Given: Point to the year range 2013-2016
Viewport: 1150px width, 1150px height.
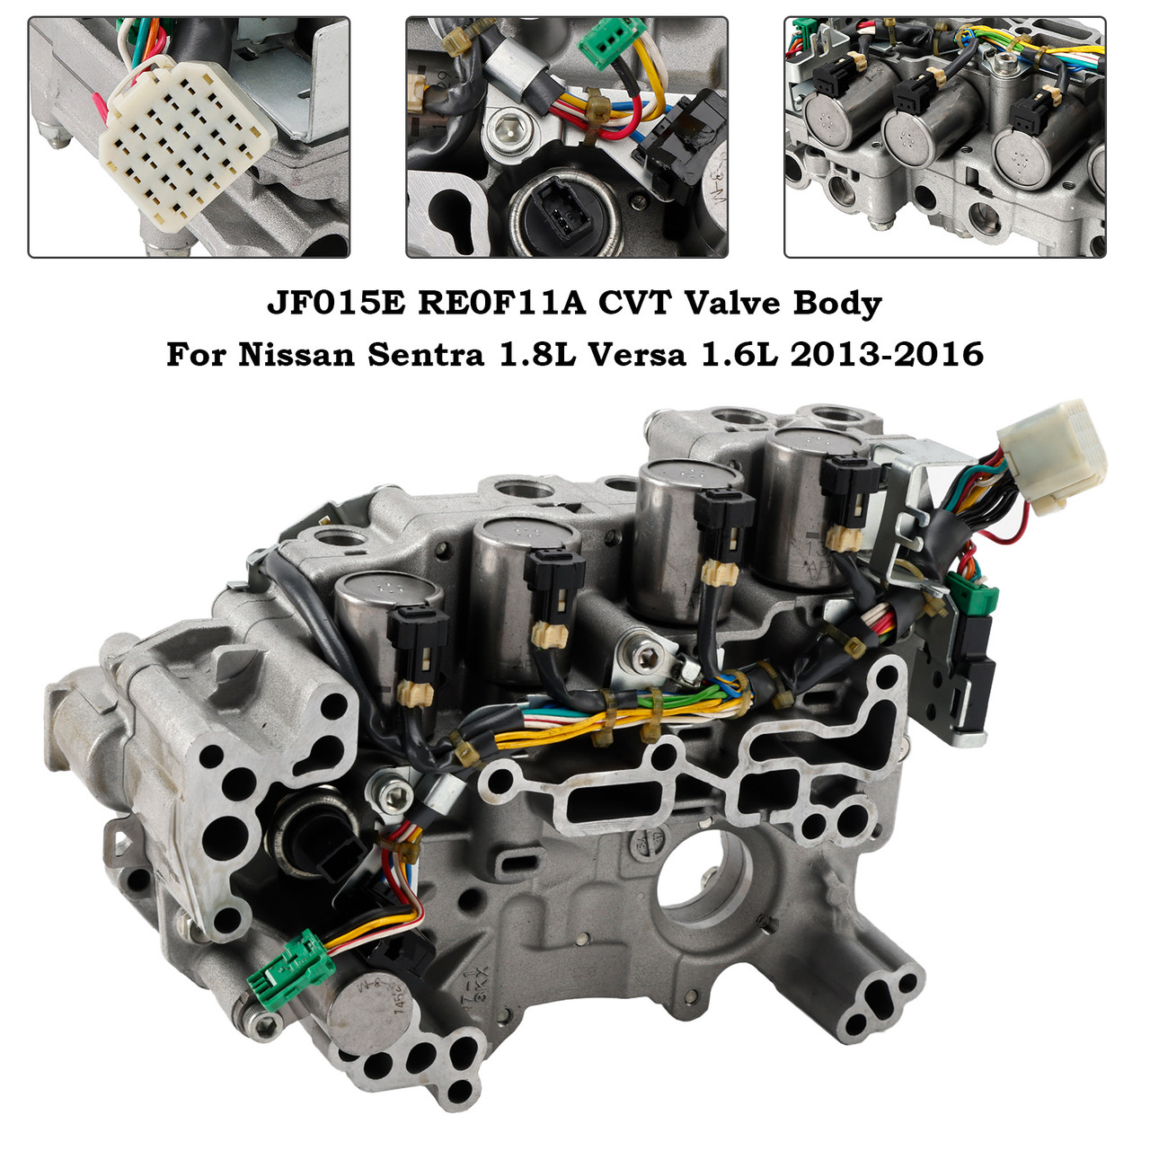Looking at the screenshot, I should click(x=886, y=355).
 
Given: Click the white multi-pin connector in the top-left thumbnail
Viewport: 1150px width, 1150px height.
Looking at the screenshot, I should click(x=185, y=144).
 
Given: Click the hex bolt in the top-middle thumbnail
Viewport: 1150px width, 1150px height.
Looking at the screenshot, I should click(x=503, y=137).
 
